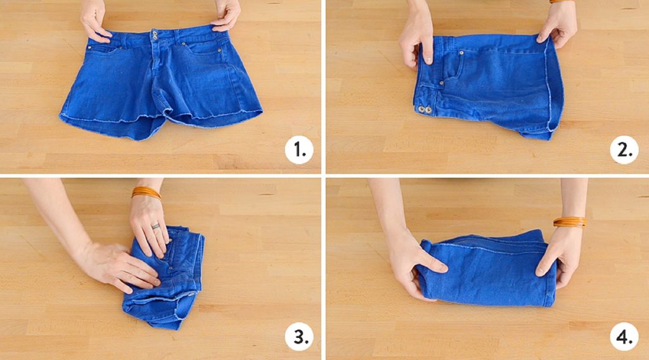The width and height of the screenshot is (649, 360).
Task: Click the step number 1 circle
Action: tap(299, 150)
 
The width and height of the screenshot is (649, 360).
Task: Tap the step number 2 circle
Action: tap(624, 150)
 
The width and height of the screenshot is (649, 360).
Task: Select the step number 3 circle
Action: tap(299, 337)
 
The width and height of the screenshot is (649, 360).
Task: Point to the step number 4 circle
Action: tap(624, 337)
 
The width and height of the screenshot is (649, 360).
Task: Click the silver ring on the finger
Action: tap(155, 226)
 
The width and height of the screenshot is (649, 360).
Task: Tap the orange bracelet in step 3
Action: tap(146, 193)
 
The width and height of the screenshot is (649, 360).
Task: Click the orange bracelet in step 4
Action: tap(570, 222)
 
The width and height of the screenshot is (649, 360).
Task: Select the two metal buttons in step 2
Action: tap(425, 110)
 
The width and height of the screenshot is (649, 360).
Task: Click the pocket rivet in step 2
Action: tap(461, 53)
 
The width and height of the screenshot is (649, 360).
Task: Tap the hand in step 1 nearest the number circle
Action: tap(226, 16)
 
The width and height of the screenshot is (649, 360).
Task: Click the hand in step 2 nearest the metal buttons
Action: tap(416, 37)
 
